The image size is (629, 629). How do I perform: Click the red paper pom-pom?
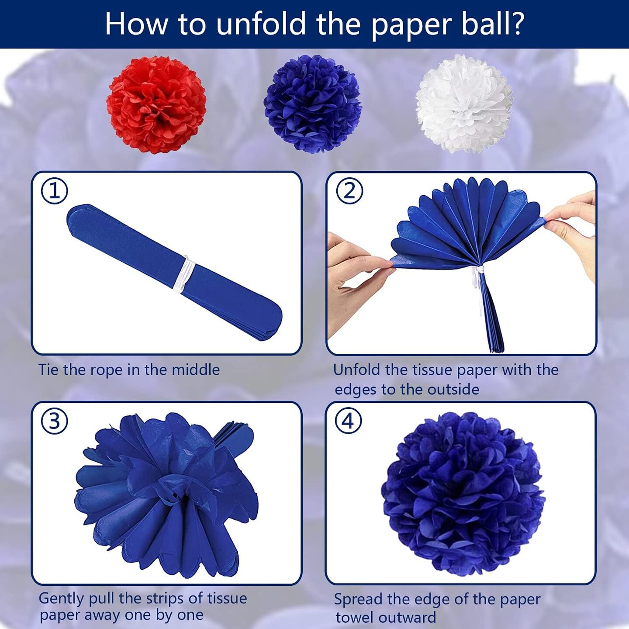(156, 104)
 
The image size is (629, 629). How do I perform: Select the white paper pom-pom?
(464, 104)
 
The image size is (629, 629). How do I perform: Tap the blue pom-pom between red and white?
(312, 104)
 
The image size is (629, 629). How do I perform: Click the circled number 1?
(55, 191)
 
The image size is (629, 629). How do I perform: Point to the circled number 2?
(349, 191)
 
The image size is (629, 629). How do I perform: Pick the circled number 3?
(55, 421)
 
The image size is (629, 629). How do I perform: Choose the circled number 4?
(349, 421)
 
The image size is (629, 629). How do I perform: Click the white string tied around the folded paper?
(184, 274)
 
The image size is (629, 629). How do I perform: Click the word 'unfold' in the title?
(261, 24)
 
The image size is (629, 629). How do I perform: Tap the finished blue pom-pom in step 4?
(463, 494)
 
